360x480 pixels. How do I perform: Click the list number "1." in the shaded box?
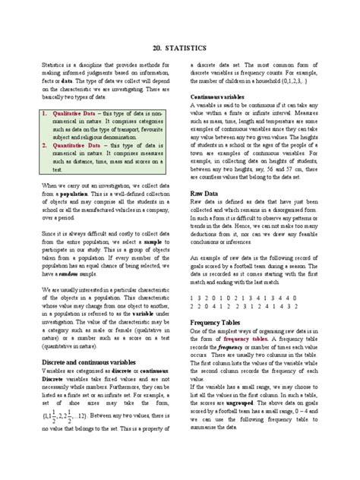(46, 113)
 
